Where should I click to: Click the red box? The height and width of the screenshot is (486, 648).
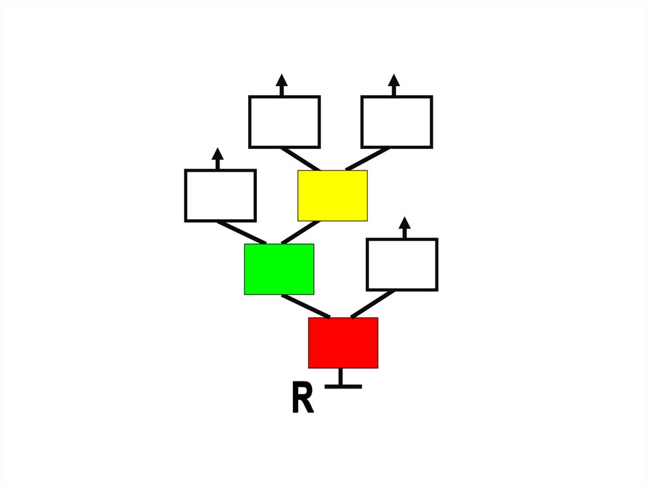pos(343,342)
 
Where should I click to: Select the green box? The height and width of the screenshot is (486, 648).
pos(279,269)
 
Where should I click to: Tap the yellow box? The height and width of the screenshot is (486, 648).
pos(332,195)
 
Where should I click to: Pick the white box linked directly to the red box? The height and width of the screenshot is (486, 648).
pos(402,264)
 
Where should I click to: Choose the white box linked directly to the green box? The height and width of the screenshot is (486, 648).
pos(220,195)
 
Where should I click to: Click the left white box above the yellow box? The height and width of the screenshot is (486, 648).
pos(284,122)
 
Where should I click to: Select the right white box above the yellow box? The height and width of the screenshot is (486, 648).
pos(397,122)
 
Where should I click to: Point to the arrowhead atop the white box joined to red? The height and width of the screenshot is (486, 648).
pos(405,223)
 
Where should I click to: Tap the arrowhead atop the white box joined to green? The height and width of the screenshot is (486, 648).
pos(218,154)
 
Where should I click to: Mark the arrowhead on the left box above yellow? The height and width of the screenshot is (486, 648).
pos(282,80)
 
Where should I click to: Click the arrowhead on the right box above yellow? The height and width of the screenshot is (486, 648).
pos(394,80)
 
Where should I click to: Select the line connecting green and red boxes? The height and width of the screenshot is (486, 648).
pos(306,306)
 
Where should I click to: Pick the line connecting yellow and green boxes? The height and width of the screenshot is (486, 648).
pos(300,232)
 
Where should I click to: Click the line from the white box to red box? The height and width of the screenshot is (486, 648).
pos(373,304)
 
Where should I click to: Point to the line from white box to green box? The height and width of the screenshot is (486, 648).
pos(242,232)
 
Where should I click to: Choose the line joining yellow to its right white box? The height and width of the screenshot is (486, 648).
pos(368,158)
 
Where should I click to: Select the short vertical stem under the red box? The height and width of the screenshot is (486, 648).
pos(340,376)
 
